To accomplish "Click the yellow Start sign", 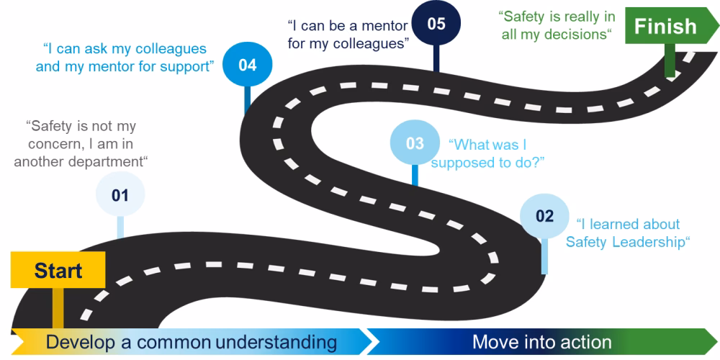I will (58, 271).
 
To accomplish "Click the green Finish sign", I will (665, 27).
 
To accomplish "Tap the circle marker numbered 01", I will (120, 194).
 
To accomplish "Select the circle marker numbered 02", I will (545, 216).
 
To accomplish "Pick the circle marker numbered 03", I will (415, 143).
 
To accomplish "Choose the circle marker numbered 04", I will (247, 66).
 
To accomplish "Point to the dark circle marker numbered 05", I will (436, 24).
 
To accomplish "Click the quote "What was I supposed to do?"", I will (487, 153).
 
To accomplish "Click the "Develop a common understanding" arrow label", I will (191, 341).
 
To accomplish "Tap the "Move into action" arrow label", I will (541, 341).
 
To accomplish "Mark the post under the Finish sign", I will (670, 61).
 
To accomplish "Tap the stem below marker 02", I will (544, 256).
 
